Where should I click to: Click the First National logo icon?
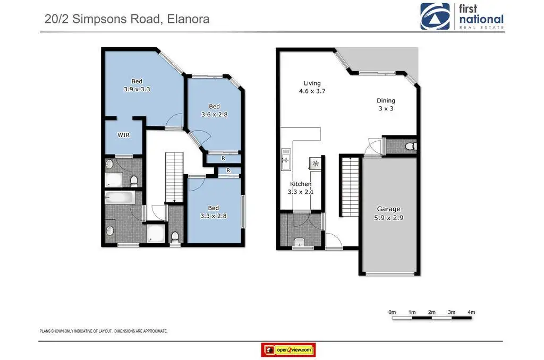(435, 16)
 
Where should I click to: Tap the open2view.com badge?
(288, 350)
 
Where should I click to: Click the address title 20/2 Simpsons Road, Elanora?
(127, 19)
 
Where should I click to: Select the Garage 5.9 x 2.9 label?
(388, 213)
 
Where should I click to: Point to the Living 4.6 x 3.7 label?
(312, 87)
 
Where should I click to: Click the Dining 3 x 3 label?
(386, 105)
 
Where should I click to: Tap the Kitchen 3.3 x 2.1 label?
(301, 187)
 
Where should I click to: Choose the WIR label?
(123, 135)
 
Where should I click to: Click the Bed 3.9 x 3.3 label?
(137, 85)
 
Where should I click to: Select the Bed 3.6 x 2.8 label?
(215, 110)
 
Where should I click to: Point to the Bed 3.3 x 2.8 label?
(214, 212)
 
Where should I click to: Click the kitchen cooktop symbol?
(316, 164)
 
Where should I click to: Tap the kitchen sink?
(286, 159)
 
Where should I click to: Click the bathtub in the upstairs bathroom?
(120, 198)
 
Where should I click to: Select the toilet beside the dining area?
(412, 146)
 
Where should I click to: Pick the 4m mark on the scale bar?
(471, 312)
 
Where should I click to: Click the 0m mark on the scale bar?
(392, 312)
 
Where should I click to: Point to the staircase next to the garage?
(351, 186)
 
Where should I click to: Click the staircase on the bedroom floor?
(174, 177)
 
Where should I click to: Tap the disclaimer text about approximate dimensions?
(104, 331)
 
